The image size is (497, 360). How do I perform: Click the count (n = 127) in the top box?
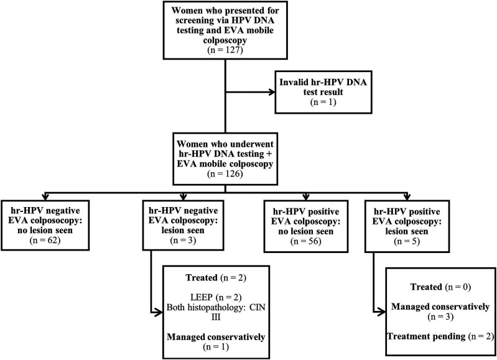coord(225,50)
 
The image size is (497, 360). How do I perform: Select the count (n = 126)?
coord(225,174)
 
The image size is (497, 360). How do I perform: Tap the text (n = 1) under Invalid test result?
coord(323,102)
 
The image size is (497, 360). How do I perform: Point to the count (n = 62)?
coord(45,240)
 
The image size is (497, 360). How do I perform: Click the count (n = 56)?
coord(306,241)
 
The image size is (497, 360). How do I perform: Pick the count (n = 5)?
coord(407,241)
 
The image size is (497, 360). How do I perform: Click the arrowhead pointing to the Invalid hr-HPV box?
coord(272,92)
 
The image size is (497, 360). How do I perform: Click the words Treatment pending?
coord(426,336)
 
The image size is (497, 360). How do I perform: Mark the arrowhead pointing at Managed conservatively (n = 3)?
coord(383,312)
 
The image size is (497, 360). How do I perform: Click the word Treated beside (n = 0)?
coord(426,287)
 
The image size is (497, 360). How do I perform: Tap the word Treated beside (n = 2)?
coord(202,277)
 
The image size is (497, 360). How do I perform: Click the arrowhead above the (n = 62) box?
coord(45,196)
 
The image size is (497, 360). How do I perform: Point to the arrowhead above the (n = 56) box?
coord(306,196)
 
